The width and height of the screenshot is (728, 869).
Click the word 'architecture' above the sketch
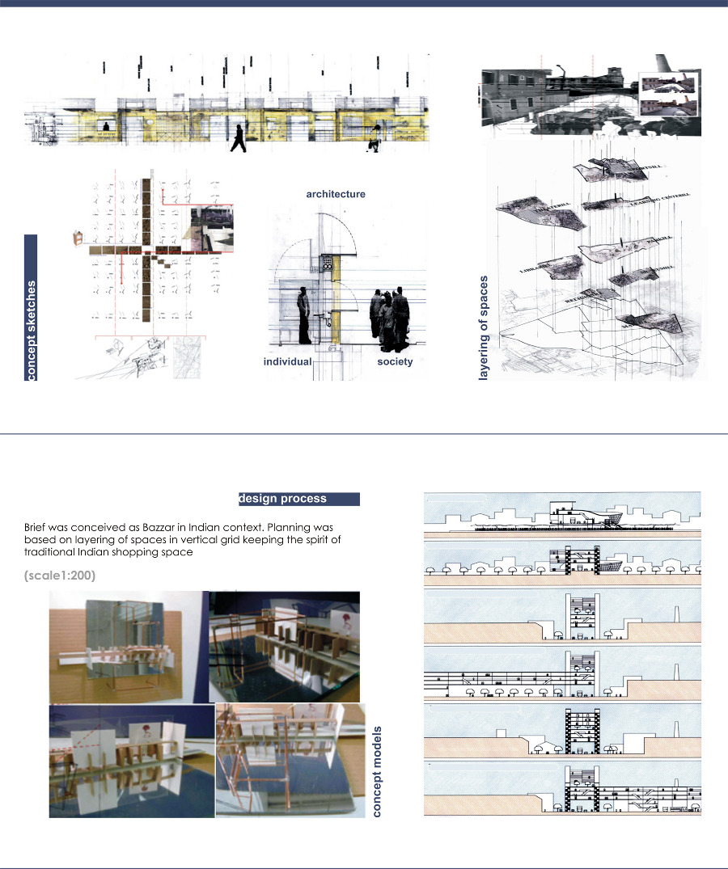click(335, 194)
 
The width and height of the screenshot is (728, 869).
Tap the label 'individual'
click(287, 361)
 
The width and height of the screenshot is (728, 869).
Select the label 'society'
click(395, 361)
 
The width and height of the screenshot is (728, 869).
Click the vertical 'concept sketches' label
click(32, 308)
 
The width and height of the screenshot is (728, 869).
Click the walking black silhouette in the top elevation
click(238, 138)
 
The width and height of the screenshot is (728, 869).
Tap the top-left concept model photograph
click(127, 647)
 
